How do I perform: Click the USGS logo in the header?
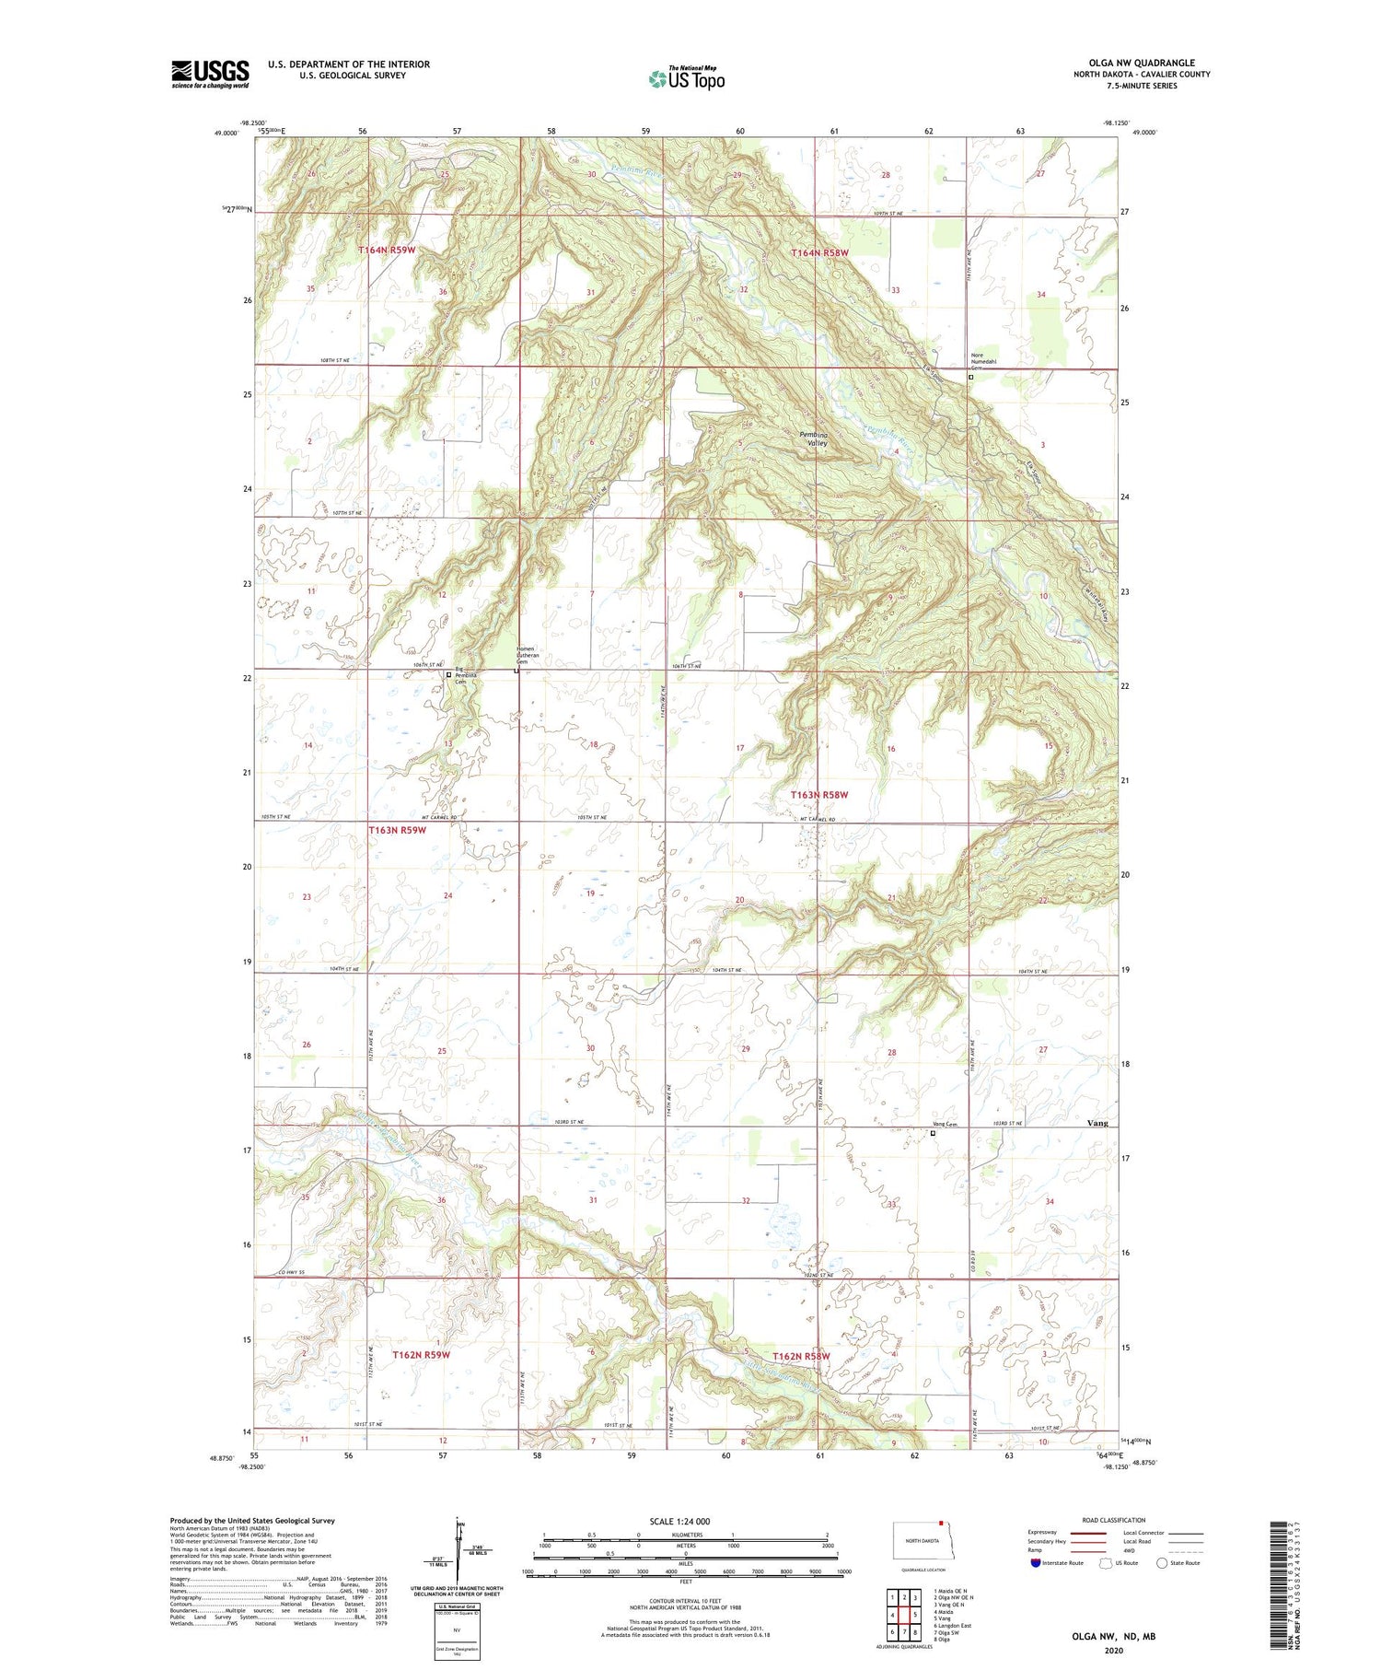tap(210, 74)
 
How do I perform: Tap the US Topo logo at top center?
tap(687, 79)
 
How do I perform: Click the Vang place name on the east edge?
tap(1097, 1123)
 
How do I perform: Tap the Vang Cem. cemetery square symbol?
tap(933, 1134)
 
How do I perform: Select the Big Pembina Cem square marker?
tap(448, 674)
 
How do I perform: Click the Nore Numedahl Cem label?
tap(983, 361)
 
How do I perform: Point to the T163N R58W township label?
tap(819, 795)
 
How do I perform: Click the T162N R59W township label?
tap(421, 1355)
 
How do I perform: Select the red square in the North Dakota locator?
tap(941, 1523)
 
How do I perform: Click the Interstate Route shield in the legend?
tap(1036, 1563)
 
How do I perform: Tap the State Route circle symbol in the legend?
tap(1162, 1563)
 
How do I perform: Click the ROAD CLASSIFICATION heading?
tap(1114, 1520)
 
